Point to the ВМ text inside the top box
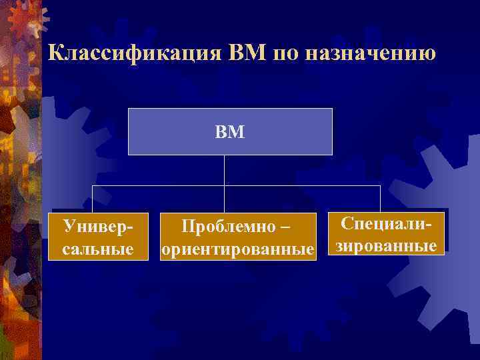(230, 132)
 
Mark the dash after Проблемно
(285, 227)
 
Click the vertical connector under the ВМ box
(224, 170)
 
